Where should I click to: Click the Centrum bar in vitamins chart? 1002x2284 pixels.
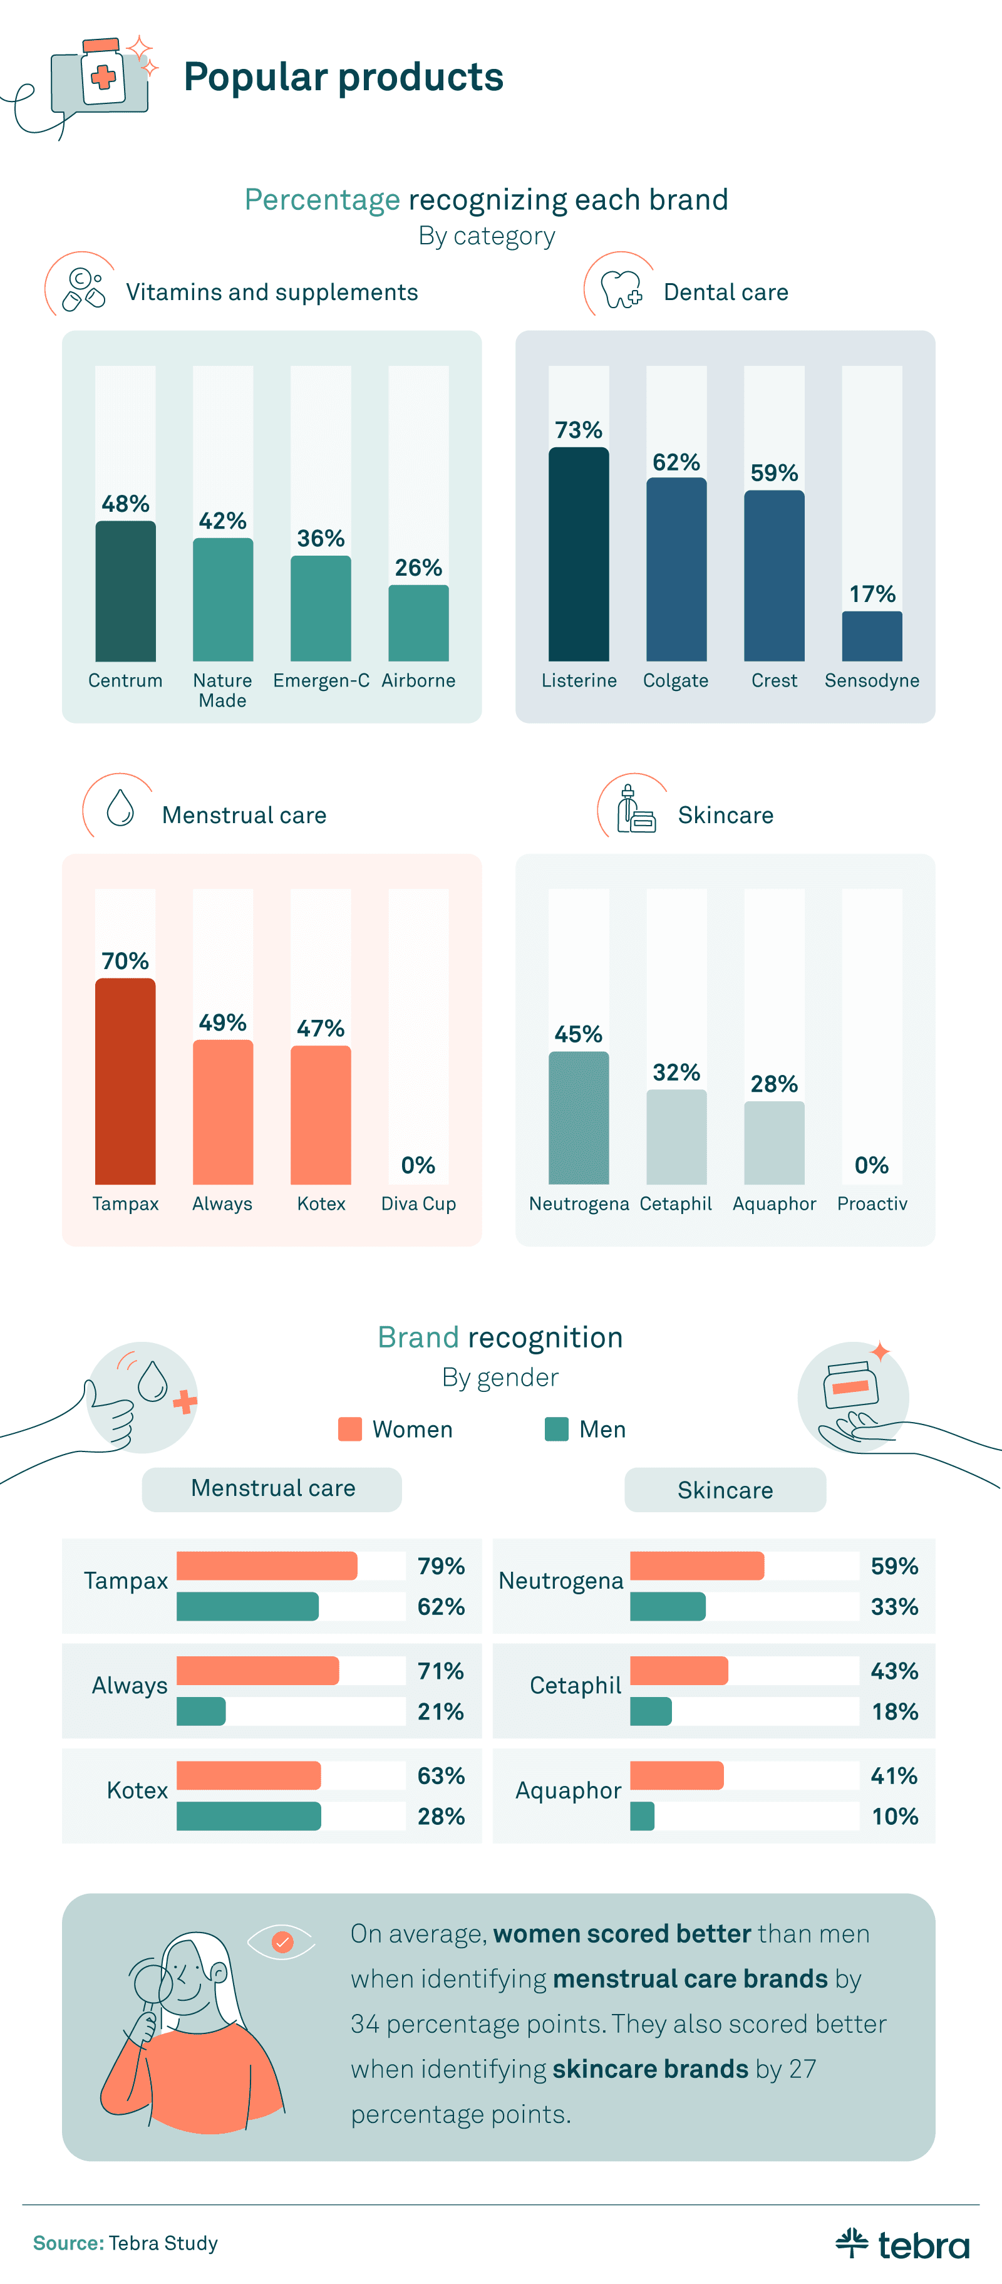125,591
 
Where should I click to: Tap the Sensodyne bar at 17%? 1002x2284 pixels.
872,636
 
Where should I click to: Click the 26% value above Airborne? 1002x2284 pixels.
418,568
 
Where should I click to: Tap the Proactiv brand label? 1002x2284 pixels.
872,1203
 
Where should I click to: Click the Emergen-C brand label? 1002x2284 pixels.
321,680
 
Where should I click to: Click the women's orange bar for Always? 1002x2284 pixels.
257,1671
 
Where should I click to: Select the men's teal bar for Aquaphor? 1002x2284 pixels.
642,1816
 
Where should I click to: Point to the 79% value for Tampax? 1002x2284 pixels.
441,1566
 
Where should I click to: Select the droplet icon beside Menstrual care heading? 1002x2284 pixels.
120,807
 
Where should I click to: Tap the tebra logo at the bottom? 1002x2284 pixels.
902,2243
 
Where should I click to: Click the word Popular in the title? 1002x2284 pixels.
256,77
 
